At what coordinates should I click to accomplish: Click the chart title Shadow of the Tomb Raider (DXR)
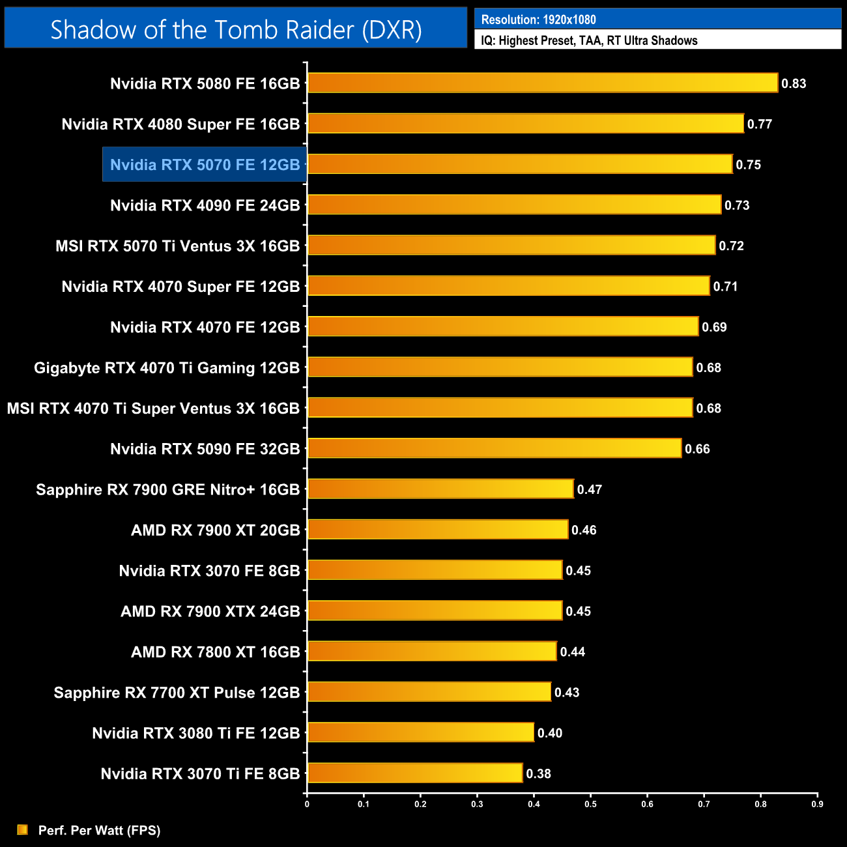(236, 29)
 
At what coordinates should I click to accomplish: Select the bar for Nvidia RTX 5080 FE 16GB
(542, 83)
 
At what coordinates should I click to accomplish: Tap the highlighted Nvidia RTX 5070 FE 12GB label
(205, 165)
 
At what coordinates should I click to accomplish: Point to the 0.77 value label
(759, 124)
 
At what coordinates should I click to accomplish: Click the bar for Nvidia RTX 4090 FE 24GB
(514, 205)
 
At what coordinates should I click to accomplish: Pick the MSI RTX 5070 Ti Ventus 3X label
(177, 246)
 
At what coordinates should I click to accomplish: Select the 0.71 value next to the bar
(725, 287)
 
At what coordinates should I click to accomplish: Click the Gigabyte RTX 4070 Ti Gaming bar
(500, 367)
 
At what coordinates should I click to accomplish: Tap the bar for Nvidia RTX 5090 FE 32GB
(494, 448)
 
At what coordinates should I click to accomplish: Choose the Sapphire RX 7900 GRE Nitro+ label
(167, 490)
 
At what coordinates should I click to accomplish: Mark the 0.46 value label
(583, 530)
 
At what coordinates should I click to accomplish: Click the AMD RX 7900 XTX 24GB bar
(435, 610)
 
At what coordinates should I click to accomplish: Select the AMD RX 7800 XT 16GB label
(215, 652)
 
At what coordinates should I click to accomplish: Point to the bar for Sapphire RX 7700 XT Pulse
(429, 692)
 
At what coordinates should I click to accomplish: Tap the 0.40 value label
(549, 733)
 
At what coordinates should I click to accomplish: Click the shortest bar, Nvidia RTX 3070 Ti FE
(414, 773)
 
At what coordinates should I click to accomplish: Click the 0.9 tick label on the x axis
(817, 804)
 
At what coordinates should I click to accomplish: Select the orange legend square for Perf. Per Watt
(23, 829)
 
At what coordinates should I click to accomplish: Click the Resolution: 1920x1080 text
(538, 20)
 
